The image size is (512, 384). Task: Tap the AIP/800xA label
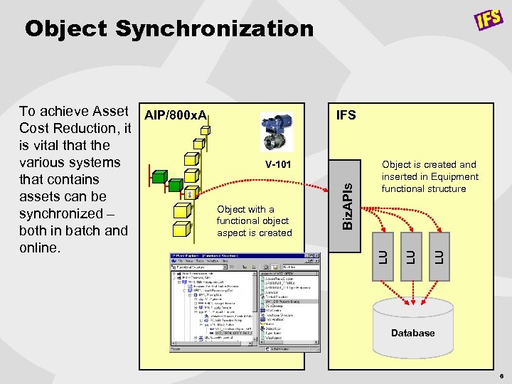pos(174,115)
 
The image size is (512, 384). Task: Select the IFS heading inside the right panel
pos(346,115)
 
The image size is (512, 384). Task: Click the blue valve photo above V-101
pos(277,132)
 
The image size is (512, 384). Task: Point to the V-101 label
pos(278,165)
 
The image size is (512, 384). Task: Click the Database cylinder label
pos(412,333)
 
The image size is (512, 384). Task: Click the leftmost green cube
pos(160,175)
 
